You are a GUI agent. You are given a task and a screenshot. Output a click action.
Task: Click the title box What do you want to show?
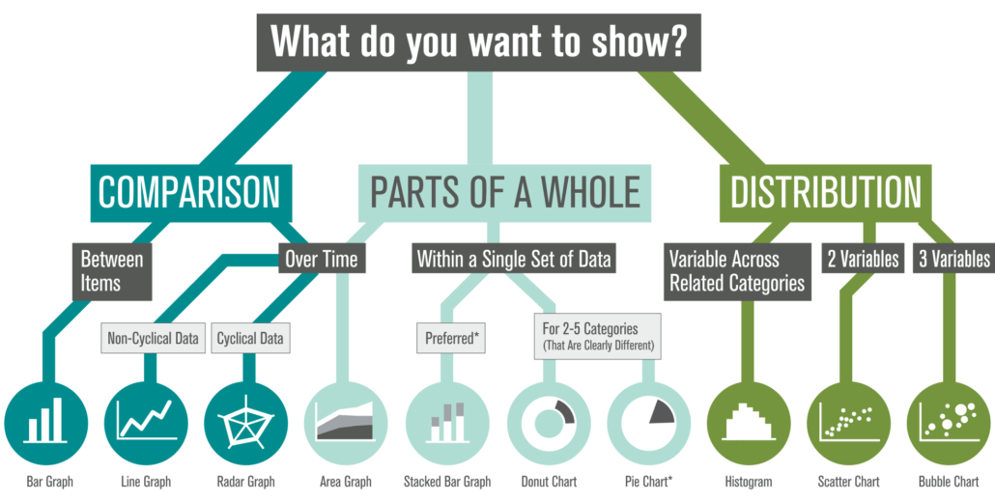[x=479, y=42]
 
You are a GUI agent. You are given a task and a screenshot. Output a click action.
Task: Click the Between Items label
[x=112, y=270]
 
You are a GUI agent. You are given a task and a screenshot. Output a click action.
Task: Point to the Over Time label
[x=321, y=259]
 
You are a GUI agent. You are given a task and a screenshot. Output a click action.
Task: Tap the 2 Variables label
[x=863, y=259]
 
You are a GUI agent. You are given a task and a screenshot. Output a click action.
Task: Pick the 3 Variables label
[x=953, y=259]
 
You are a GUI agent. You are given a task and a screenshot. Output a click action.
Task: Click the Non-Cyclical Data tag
[x=153, y=339]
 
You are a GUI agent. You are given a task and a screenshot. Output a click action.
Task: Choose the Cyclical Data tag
[x=250, y=339]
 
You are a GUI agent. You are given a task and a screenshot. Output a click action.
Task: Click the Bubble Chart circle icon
[x=948, y=421]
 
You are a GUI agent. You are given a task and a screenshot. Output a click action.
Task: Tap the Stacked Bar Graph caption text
[x=447, y=481]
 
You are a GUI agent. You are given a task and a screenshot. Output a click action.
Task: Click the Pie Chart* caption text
[x=648, y=481]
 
